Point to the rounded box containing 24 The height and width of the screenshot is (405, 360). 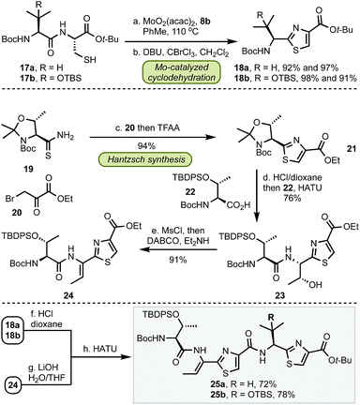tap(18, 370)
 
